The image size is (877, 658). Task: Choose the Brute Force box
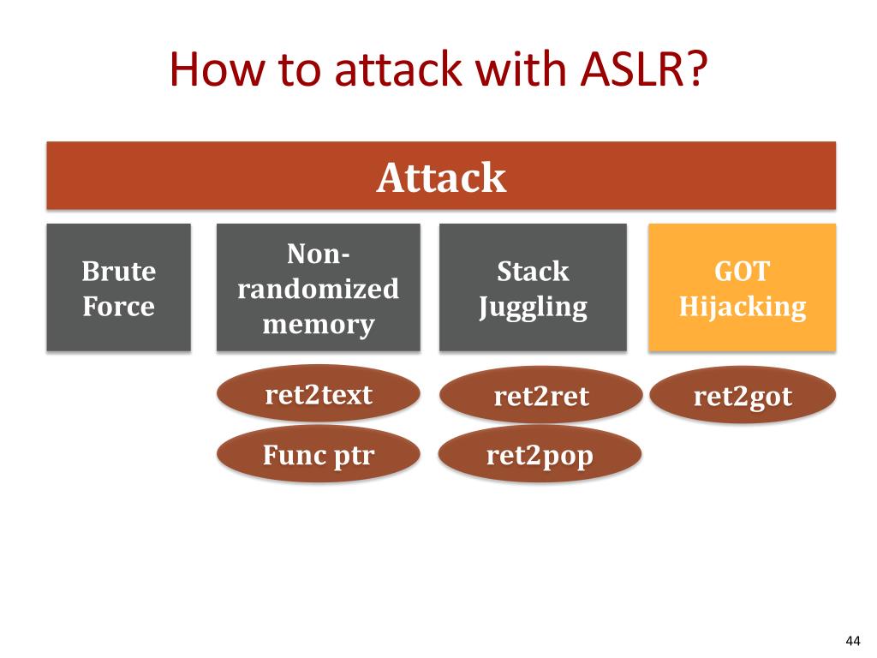pos(118,288)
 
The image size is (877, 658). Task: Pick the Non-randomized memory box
pos(319,288)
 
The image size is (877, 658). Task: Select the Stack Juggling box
pos(533,288)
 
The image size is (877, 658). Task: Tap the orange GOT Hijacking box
pos(743,288)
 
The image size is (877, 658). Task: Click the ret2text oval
pos(319,393)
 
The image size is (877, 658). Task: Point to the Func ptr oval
pos(319,454)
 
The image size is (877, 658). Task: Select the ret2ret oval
pos(541,395)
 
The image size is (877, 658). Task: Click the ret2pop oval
pos(540,454)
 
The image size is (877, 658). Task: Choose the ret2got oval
pos(743,395)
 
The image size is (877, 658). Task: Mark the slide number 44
pos(853,641)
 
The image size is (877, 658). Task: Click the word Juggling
pos(533,307)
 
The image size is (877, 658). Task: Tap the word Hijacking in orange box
pos(743,307)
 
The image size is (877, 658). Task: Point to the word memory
pos(319,325)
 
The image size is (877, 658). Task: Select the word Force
pos(118,306)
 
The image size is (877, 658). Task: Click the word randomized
pos(319,289)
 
